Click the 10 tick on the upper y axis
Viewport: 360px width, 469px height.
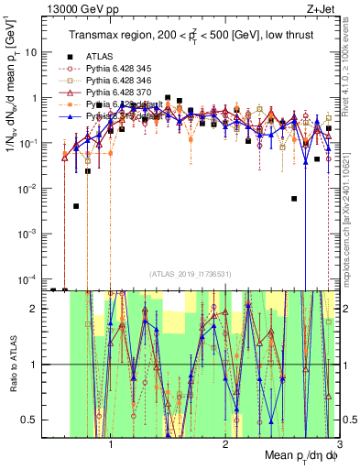click(33, 52)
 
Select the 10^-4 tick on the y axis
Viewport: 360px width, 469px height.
click(30, 278)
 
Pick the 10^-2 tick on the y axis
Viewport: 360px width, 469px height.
click(30, 188)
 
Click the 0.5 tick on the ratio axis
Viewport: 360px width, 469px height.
click(32, 420)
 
